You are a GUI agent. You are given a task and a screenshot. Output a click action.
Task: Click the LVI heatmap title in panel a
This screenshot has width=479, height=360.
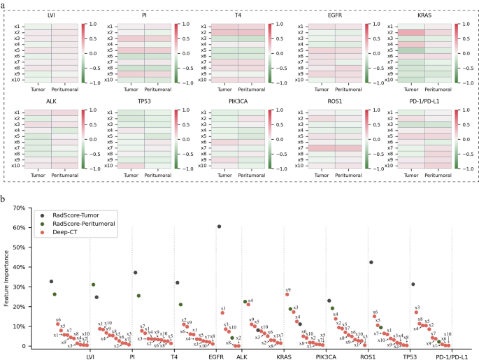coord(51,14)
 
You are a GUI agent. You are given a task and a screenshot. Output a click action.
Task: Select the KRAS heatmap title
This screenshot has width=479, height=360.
coord(424,14)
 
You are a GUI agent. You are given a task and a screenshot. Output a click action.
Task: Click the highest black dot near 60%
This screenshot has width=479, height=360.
coord(219,226)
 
